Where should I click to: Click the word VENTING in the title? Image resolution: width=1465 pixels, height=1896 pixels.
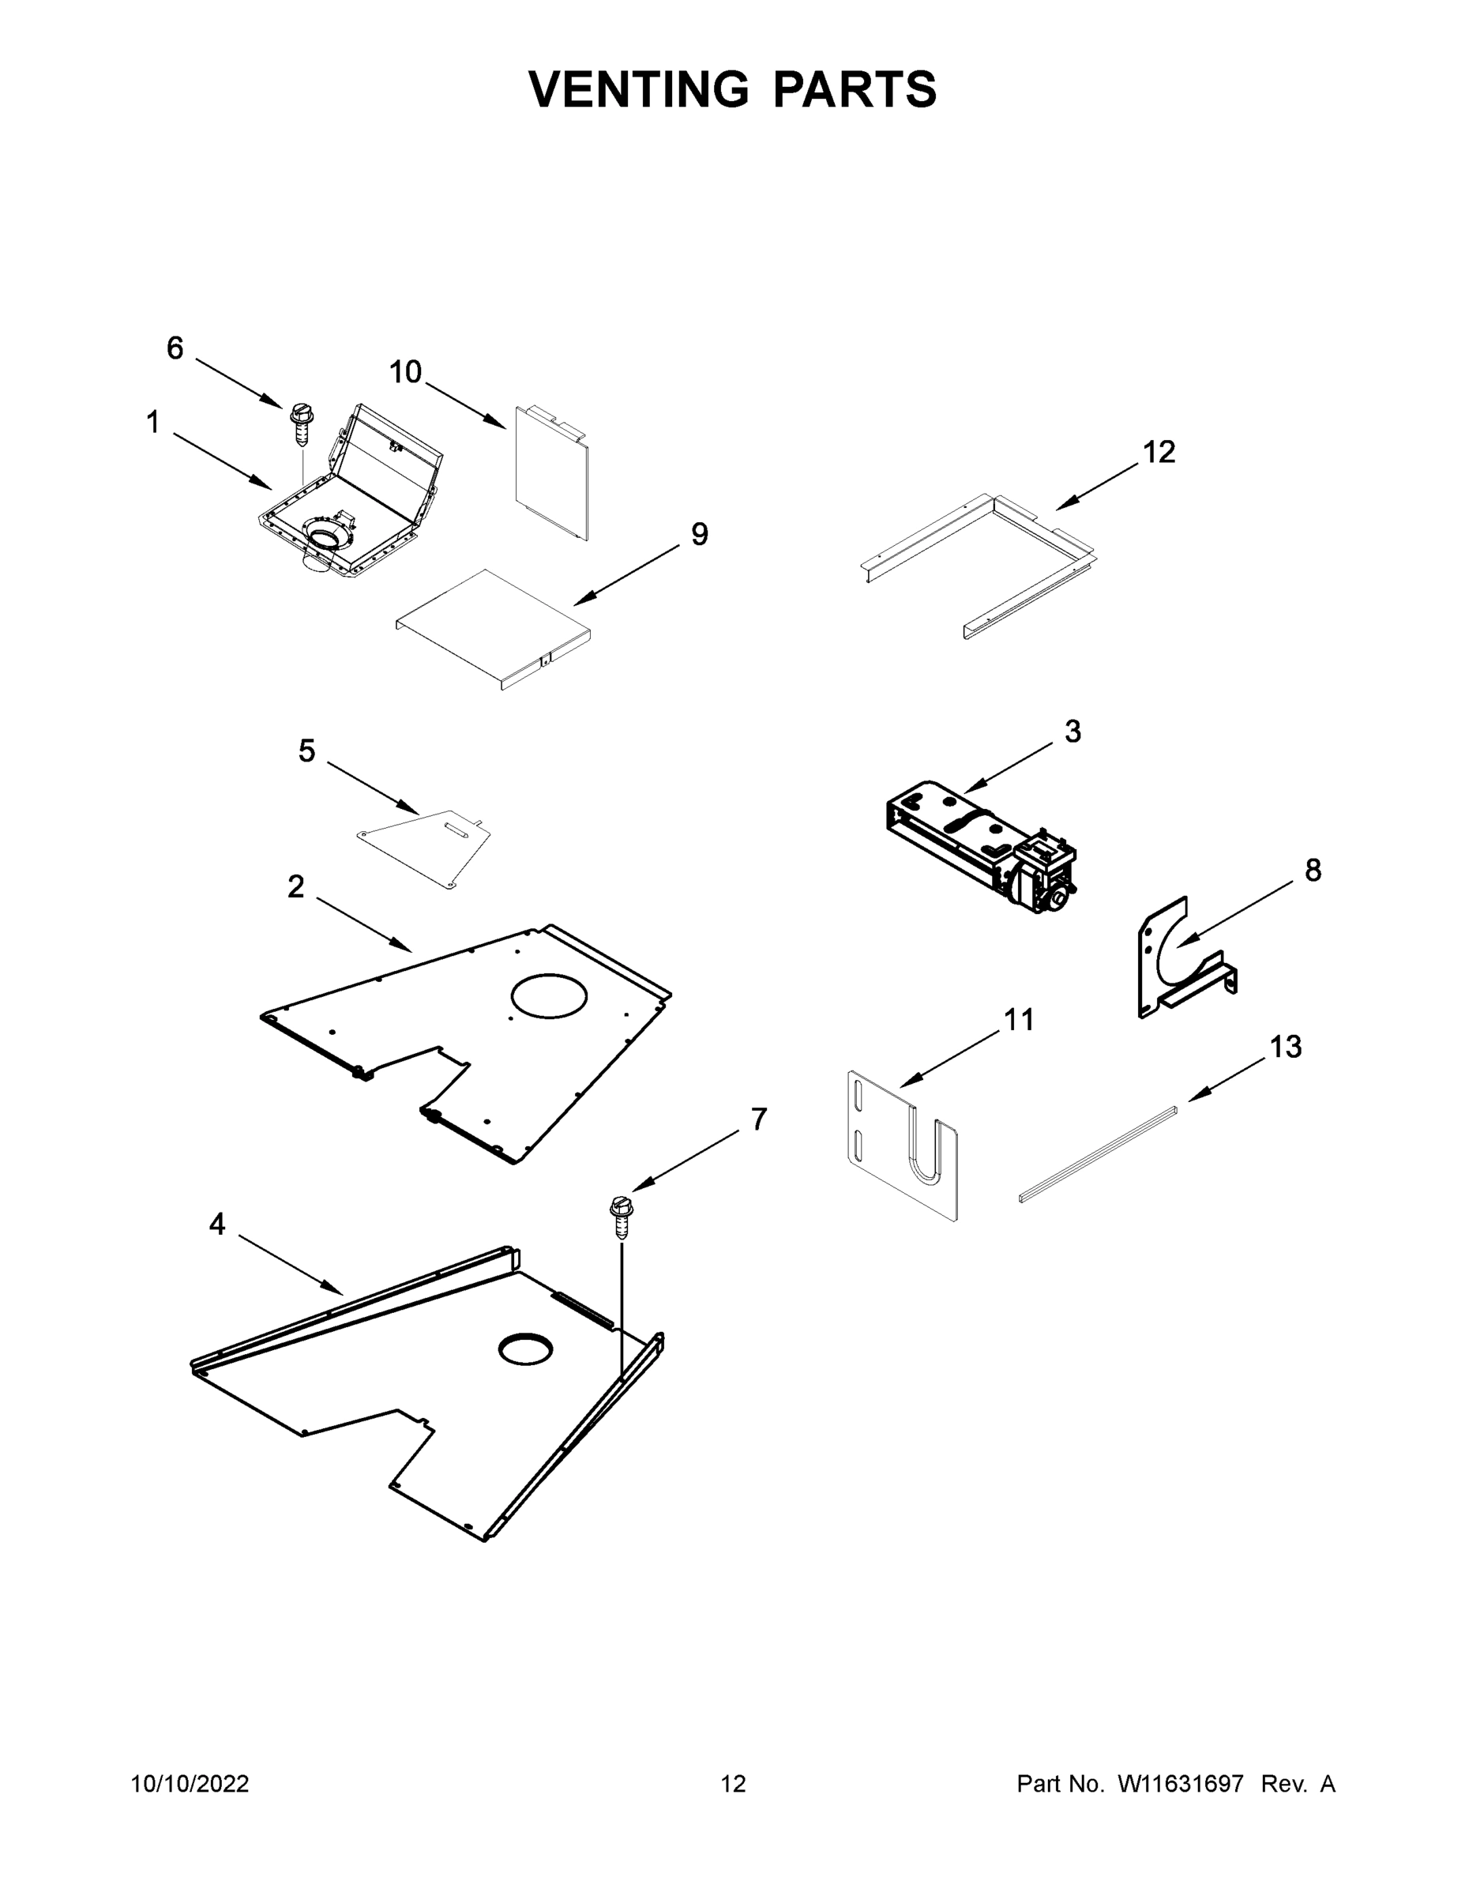coord(638,89)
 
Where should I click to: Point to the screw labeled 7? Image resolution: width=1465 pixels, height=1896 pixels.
coord(621,1215)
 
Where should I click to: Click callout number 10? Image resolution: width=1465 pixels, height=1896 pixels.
coord(405,372)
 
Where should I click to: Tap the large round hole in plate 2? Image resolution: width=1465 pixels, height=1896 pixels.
coord(550,995)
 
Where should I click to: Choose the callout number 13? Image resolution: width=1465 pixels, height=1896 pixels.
coord(1286,1048)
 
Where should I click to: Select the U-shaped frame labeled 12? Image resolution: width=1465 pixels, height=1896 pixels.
coord(981,555)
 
